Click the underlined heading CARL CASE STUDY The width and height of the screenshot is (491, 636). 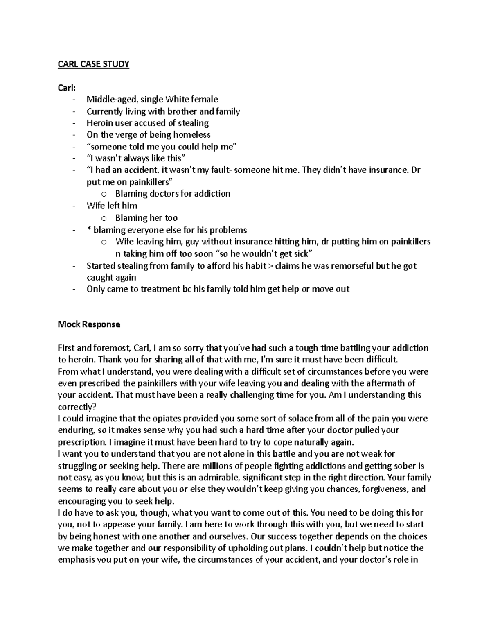93,64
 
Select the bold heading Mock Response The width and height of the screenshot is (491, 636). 89,324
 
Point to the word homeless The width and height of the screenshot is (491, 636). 191,134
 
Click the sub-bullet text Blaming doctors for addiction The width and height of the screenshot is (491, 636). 173,193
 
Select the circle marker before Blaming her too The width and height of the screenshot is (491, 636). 104,218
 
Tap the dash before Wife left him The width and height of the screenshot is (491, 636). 73,206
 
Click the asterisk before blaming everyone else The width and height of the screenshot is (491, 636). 89,229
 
